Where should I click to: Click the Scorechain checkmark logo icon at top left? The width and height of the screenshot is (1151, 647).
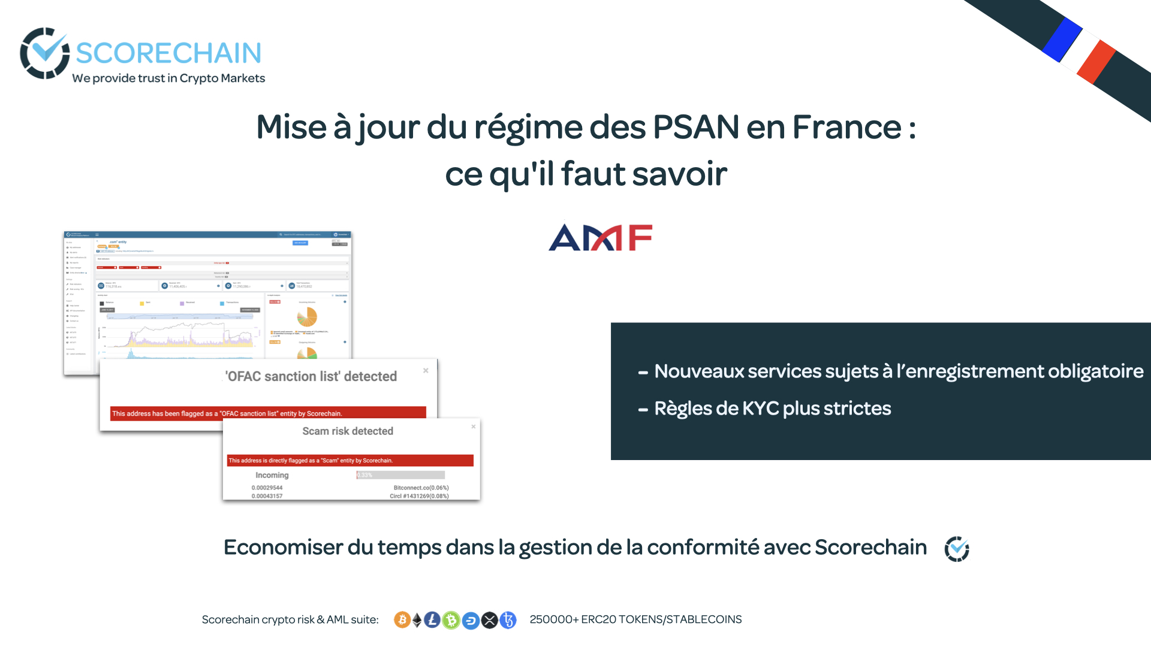pos(44,53)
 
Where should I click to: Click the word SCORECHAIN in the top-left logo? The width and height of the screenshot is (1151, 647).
pos(168,53)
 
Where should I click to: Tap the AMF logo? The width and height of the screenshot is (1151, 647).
pos(600,238)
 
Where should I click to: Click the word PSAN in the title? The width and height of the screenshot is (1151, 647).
pos(695,127)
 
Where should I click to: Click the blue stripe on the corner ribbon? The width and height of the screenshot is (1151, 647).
pos(1062,39)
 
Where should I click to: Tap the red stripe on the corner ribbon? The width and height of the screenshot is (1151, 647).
pos(1096,62)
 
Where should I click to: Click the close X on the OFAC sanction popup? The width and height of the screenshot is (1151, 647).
pos(426,371)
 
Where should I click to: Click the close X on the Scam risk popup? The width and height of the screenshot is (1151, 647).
pos(474,427)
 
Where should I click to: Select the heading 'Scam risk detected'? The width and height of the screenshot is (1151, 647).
pos(348,431)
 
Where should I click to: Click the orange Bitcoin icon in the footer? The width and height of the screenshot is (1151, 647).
pos(402,620)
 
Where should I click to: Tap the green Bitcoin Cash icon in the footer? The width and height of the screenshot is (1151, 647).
pos(451,620)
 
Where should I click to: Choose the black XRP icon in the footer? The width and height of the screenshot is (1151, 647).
pos(490,620)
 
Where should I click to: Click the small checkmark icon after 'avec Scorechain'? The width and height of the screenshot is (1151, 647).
pos(957,549)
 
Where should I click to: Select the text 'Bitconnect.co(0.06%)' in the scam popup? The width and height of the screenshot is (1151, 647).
pos(421,488)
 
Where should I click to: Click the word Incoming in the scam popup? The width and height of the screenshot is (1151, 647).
pos(272,475)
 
